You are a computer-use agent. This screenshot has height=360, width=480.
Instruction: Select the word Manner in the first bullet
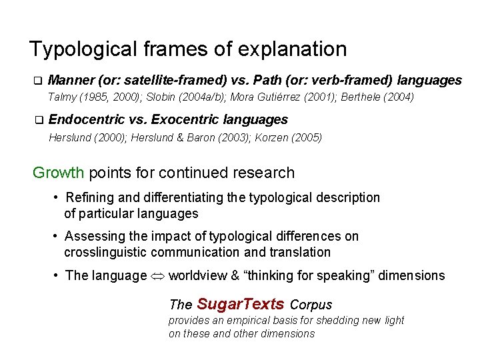(71, 81)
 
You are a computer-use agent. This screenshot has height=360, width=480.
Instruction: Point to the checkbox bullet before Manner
(38, 81)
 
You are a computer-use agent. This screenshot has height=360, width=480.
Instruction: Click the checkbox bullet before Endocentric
(38, 121)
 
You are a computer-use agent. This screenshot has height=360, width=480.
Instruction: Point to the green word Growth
(59, 173)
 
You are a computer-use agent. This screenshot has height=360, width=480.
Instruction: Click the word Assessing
(94, 237)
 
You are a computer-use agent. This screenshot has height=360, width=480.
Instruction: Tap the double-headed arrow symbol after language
(158, 276)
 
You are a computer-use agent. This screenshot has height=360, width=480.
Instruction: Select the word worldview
(199, 276)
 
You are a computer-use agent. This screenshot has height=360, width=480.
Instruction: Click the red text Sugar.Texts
(241, 305)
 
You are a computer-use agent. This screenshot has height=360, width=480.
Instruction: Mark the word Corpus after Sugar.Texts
(311, 305)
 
